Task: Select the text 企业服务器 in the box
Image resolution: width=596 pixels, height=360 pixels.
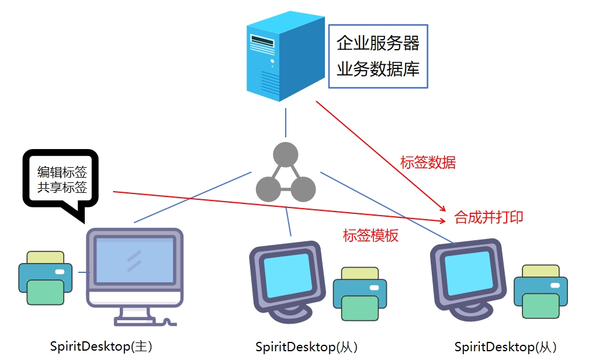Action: pos(378,43)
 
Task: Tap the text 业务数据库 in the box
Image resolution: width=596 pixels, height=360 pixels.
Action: pos(378,69)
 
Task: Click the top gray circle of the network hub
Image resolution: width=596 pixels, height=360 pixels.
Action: pos(286,155)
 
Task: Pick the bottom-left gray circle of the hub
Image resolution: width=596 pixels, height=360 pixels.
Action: pos(269,189)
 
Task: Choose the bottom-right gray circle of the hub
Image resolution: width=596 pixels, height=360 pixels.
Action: pos(303,189)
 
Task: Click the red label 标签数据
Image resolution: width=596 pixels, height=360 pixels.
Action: pos(428,162)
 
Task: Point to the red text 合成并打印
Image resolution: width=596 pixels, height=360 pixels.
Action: pos(488,217)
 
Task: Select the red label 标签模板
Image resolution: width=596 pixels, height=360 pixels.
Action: pos(370,236)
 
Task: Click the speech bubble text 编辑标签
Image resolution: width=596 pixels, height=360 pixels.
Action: pos(62,172)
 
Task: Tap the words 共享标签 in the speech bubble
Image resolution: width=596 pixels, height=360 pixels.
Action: pos(62,188)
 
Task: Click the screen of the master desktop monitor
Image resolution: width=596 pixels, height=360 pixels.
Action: pos(134,261)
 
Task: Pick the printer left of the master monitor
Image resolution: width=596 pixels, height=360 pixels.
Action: pos(45,278)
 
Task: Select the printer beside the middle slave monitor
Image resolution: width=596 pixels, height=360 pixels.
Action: pos(359,293)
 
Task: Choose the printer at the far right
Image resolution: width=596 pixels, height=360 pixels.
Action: pos(540,291)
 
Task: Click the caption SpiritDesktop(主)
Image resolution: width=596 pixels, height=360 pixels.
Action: pos(101,346)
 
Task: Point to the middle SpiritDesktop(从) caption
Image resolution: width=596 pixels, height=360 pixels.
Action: pos(306,347)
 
